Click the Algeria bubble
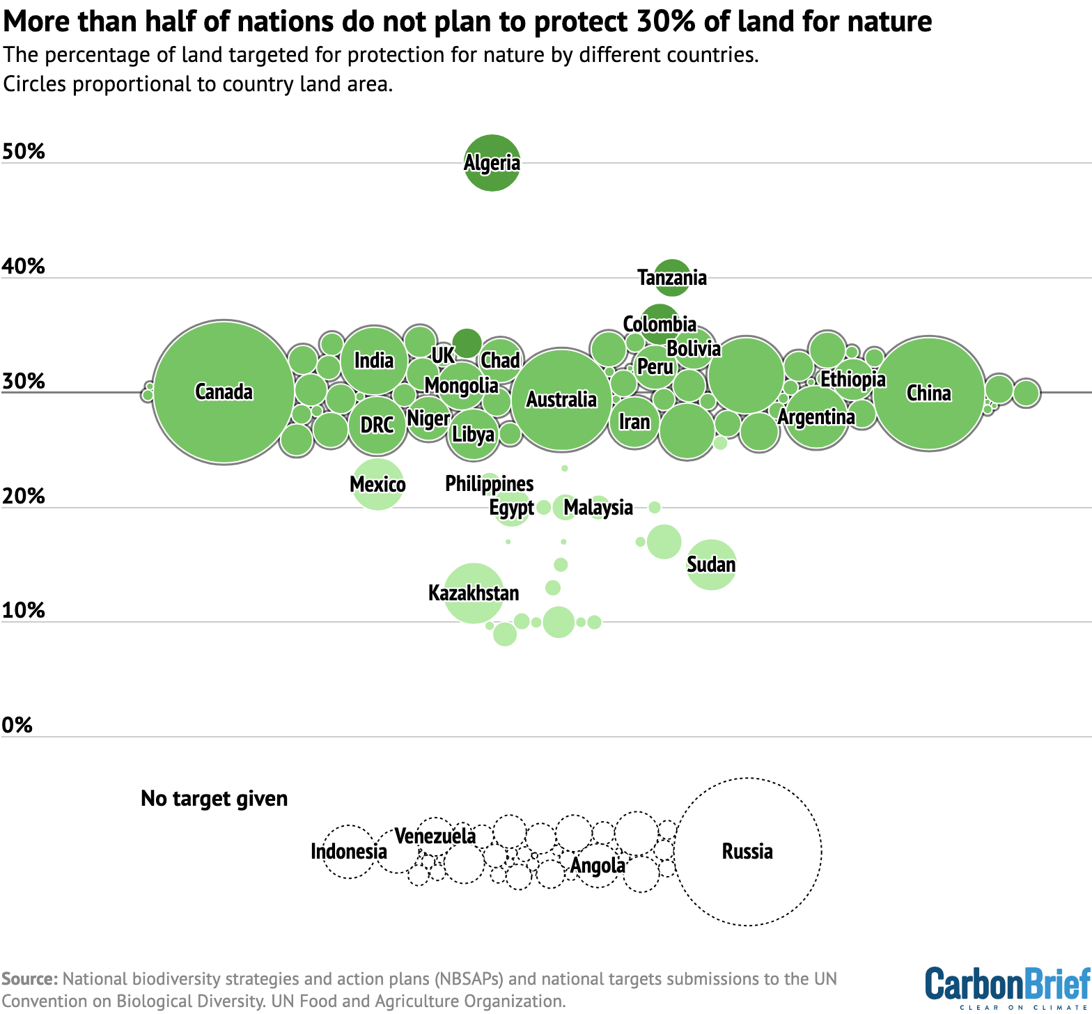tap(492, 162)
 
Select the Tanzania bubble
tap(672, 277)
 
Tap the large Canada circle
tap(224, 392)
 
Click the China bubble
tap(929, 393)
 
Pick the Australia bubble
tap(561, 400)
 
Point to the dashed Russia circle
tap(747, 851)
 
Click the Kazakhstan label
tap(474, 593)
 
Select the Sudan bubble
tap(711, 564)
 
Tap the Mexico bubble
tap(377, 484)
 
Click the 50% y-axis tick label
tap(24, 151)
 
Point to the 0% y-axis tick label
tap(17, 725)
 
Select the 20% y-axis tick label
tap(24, 496)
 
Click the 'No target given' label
tap(214, 798)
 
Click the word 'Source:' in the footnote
tap(29, 978)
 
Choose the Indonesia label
tap(348, 851)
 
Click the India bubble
tap(374, 360)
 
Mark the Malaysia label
tap(598, 507)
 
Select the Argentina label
tap(816, 417)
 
